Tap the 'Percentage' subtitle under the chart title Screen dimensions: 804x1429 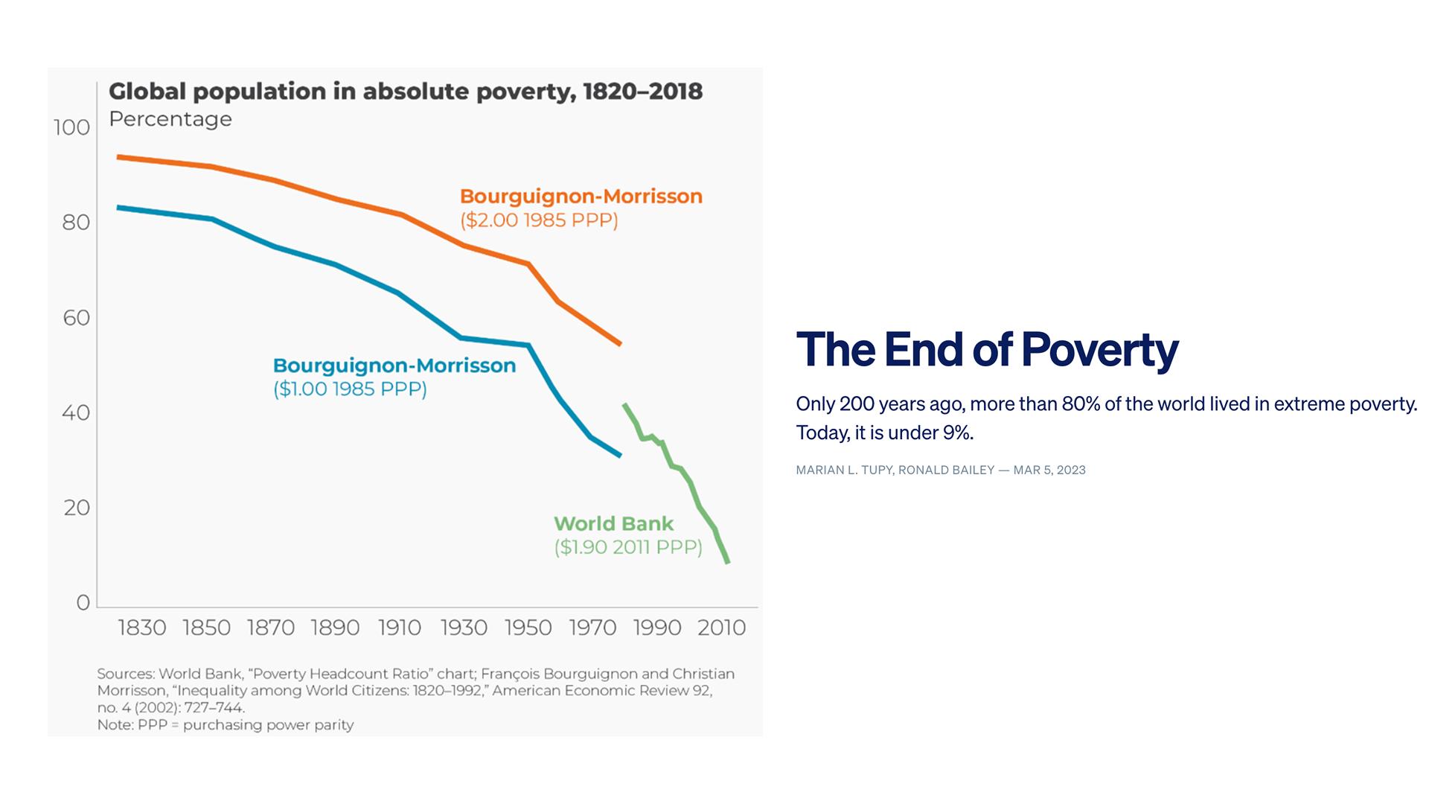(170, 119)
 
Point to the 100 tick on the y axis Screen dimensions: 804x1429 (72, 127)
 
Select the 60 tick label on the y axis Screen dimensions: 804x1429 (76, 318)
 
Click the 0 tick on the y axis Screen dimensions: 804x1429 (83, 602)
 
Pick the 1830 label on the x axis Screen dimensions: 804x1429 (142, 628)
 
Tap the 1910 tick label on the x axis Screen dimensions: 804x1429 (400, 628)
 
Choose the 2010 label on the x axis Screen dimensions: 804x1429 (721, 628)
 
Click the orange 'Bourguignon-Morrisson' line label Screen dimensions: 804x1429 (581, 197)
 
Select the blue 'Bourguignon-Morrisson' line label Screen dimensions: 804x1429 (394, 366)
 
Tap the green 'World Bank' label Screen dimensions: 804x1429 (613, 523)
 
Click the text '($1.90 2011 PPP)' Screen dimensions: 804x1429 (627, 547)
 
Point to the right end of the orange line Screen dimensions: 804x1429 (619, 344)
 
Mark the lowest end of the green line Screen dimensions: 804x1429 (727, 561)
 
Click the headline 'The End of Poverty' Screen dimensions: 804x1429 (987, 349)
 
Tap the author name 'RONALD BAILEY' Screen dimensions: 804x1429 (946, 470)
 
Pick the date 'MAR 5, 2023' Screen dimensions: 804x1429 (1049, 470)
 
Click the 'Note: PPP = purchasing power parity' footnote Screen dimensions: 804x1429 (225, 724)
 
